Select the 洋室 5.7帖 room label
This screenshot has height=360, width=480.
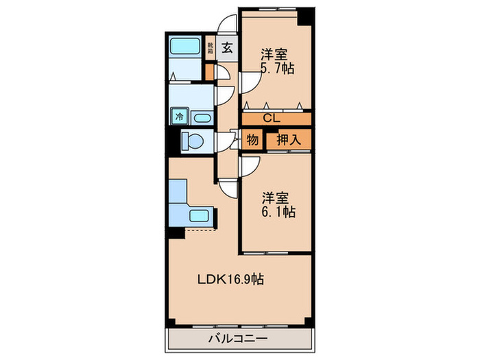pos(276,60)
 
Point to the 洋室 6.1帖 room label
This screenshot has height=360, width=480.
pos(277,204)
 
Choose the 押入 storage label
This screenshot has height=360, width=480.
pos(287,140)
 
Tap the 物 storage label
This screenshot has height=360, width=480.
pos(252,140)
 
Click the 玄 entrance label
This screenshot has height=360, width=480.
pos(227,48)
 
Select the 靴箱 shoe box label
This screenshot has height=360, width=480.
pos(211,48)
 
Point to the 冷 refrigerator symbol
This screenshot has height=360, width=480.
pos(179,117)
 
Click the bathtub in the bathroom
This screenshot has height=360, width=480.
pos(184,48)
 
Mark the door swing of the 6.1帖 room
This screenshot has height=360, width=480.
pos(249,165)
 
